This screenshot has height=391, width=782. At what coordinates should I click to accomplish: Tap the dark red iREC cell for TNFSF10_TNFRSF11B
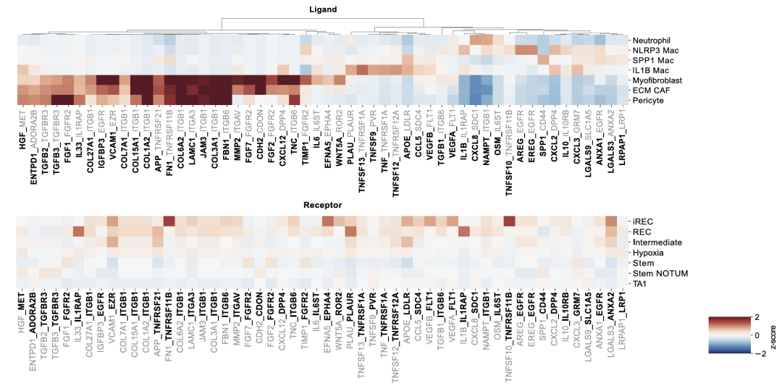(508, 221)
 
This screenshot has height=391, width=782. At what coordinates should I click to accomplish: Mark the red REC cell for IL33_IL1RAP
(79, 231)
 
